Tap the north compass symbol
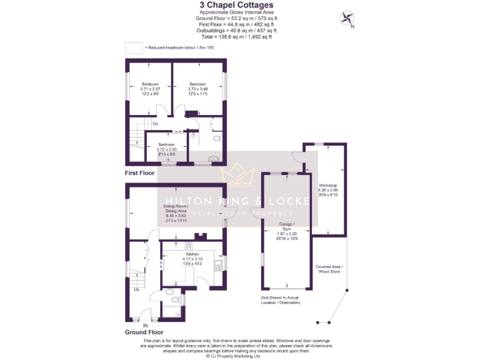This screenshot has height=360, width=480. pos(346,18)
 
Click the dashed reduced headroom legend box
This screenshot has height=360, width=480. pos(133,47)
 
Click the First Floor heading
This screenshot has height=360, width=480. pos(139,172)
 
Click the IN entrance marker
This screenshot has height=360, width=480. pos(145,326)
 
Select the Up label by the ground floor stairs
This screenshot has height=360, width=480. pos(136,289)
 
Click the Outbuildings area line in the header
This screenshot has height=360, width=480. pos(237,30)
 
